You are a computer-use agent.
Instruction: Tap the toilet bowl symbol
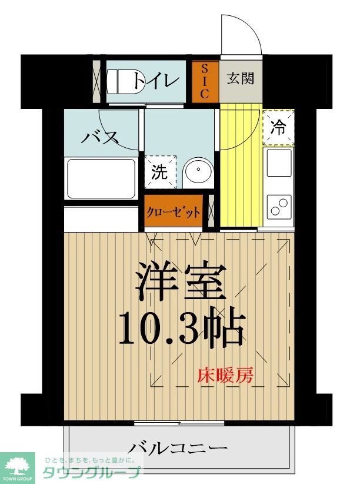coord(120,82)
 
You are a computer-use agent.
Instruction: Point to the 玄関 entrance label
coord(241,79)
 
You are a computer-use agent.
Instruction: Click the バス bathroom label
coord(100,138)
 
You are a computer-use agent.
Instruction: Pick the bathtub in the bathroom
coord(101,178)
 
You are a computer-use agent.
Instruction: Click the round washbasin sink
coord(196,172)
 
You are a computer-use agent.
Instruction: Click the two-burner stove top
coord(278,206)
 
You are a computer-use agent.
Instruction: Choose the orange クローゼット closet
coord(174,213)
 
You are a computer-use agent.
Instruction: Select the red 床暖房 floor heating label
coord(225,375)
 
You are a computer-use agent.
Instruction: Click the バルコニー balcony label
coord(179,448)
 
